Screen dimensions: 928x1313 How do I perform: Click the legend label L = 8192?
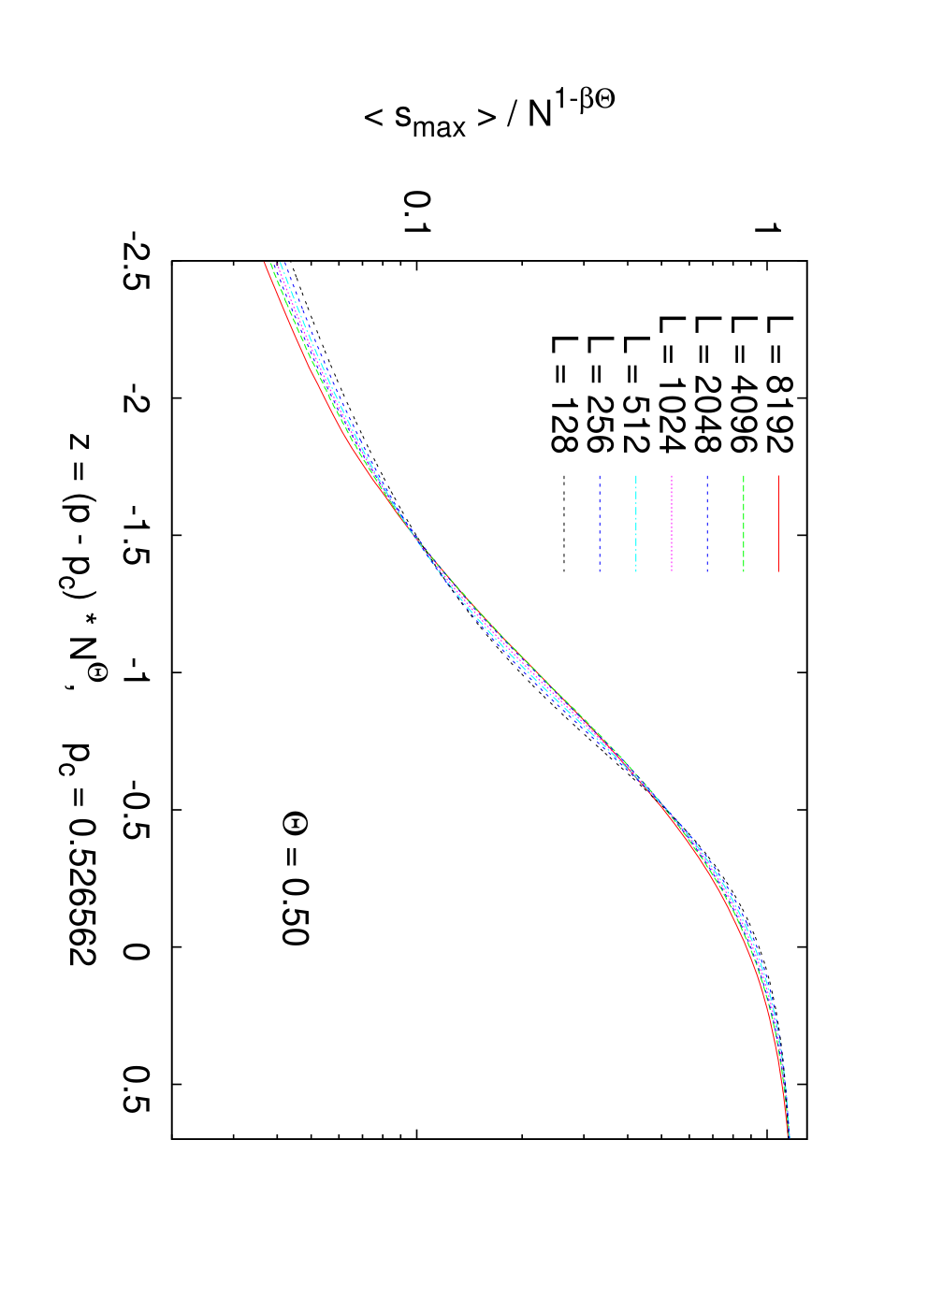pyautogui.click(x=779, y=385)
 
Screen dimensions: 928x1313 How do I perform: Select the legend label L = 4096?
pyautogui.click(x=744, y=385)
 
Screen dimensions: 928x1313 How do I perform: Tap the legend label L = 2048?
pyautogui.click(x=707, y=385)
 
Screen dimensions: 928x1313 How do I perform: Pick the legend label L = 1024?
pyautogui.click(x=672, y=385)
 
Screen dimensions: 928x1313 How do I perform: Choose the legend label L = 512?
pyautogui.click(x=635, y=395)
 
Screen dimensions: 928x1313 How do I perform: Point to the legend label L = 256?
pyautogui.click(x=600, y=395)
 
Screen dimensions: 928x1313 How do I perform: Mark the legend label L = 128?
pyautogui.click(x=564, y=395)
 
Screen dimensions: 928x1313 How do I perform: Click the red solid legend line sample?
pyautogui.click(x=779, y=524)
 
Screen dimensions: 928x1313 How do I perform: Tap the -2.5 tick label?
pyautogui.click(x=137, y=261)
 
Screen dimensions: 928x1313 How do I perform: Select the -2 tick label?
pyautogui.click(x=137, y=398)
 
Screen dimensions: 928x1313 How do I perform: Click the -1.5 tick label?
pyautogui.click(x=137, y=535)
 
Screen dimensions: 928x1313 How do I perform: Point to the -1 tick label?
pyautogui.click(x=137, y=671)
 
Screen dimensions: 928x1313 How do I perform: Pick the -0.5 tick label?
pyautogui.click(x=137, y=810)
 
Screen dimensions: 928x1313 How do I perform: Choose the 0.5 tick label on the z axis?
pyautogui.click(x=137, y=1084)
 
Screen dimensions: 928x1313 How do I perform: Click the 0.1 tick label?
pyautogui.click(x=417, y=212)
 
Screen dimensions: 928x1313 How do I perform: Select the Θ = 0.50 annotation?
pyautogui.click(x=295, y=878)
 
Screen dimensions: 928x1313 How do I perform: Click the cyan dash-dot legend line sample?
pyautogui.click(x=635, y=524)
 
